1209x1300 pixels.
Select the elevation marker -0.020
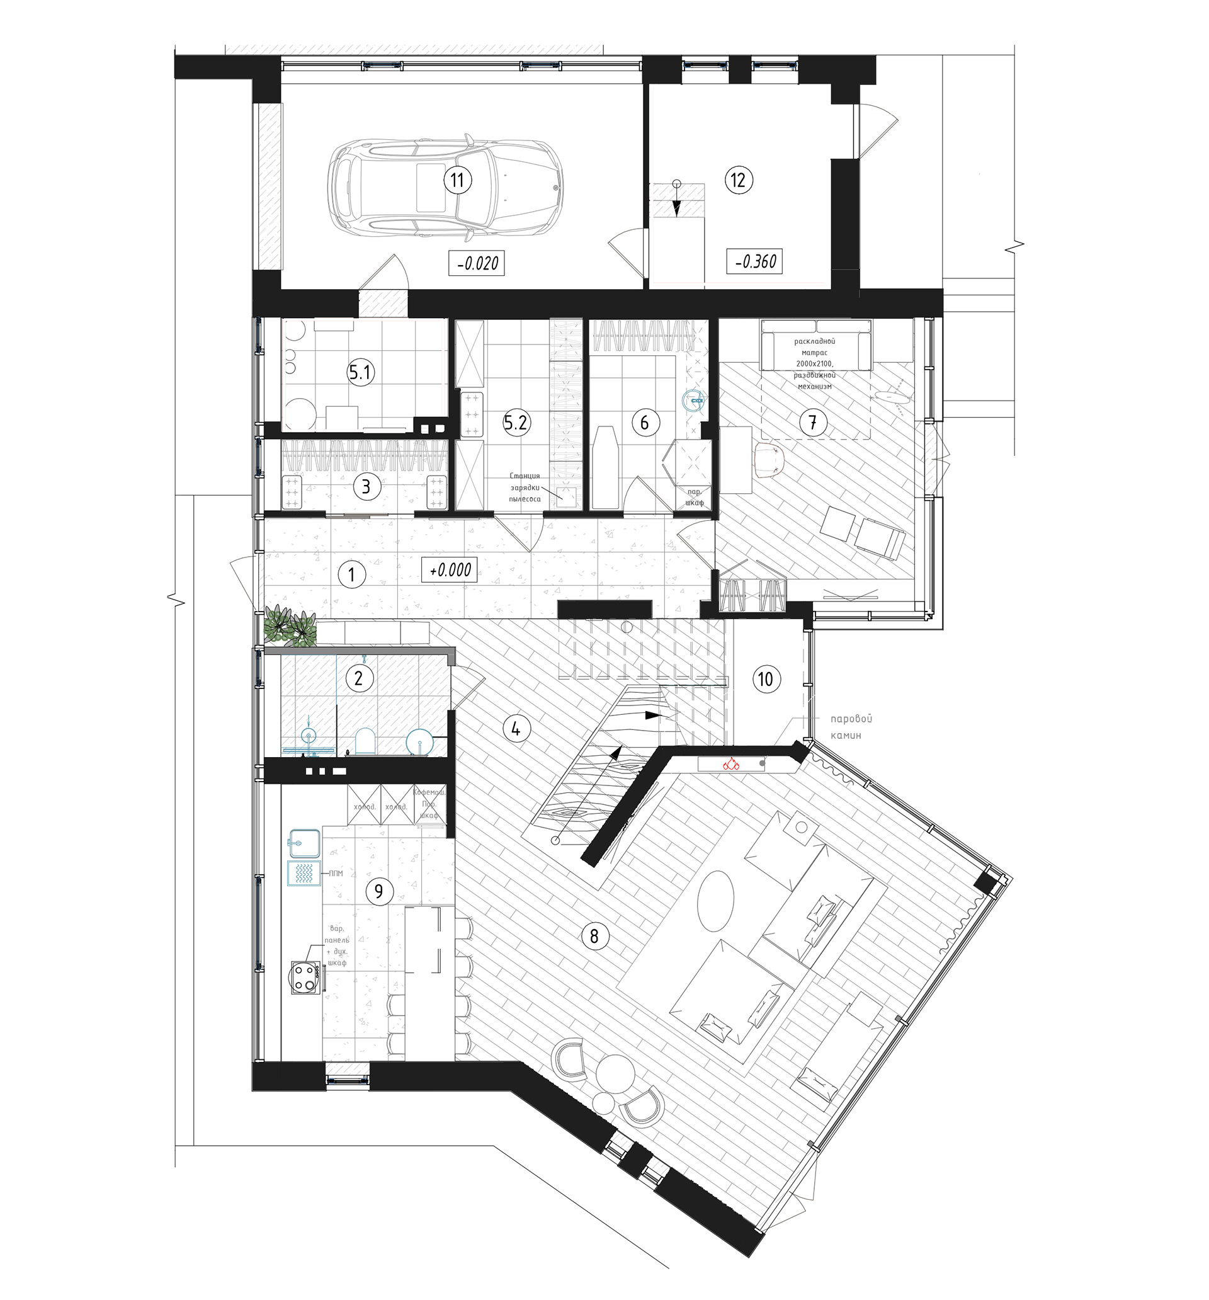477,263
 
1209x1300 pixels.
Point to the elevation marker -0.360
754,261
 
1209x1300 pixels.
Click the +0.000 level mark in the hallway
449,569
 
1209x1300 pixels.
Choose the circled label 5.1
360,373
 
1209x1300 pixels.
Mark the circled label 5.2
515,423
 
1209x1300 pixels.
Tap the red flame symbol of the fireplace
730,763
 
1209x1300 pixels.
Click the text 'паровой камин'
851,726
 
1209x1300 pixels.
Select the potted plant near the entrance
290,626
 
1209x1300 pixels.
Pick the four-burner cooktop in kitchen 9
305,978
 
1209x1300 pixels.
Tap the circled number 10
765,679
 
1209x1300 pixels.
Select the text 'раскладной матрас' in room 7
815,347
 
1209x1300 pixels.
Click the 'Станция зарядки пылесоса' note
525,486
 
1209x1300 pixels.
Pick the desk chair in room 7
769,458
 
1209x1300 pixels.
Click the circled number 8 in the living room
594,936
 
